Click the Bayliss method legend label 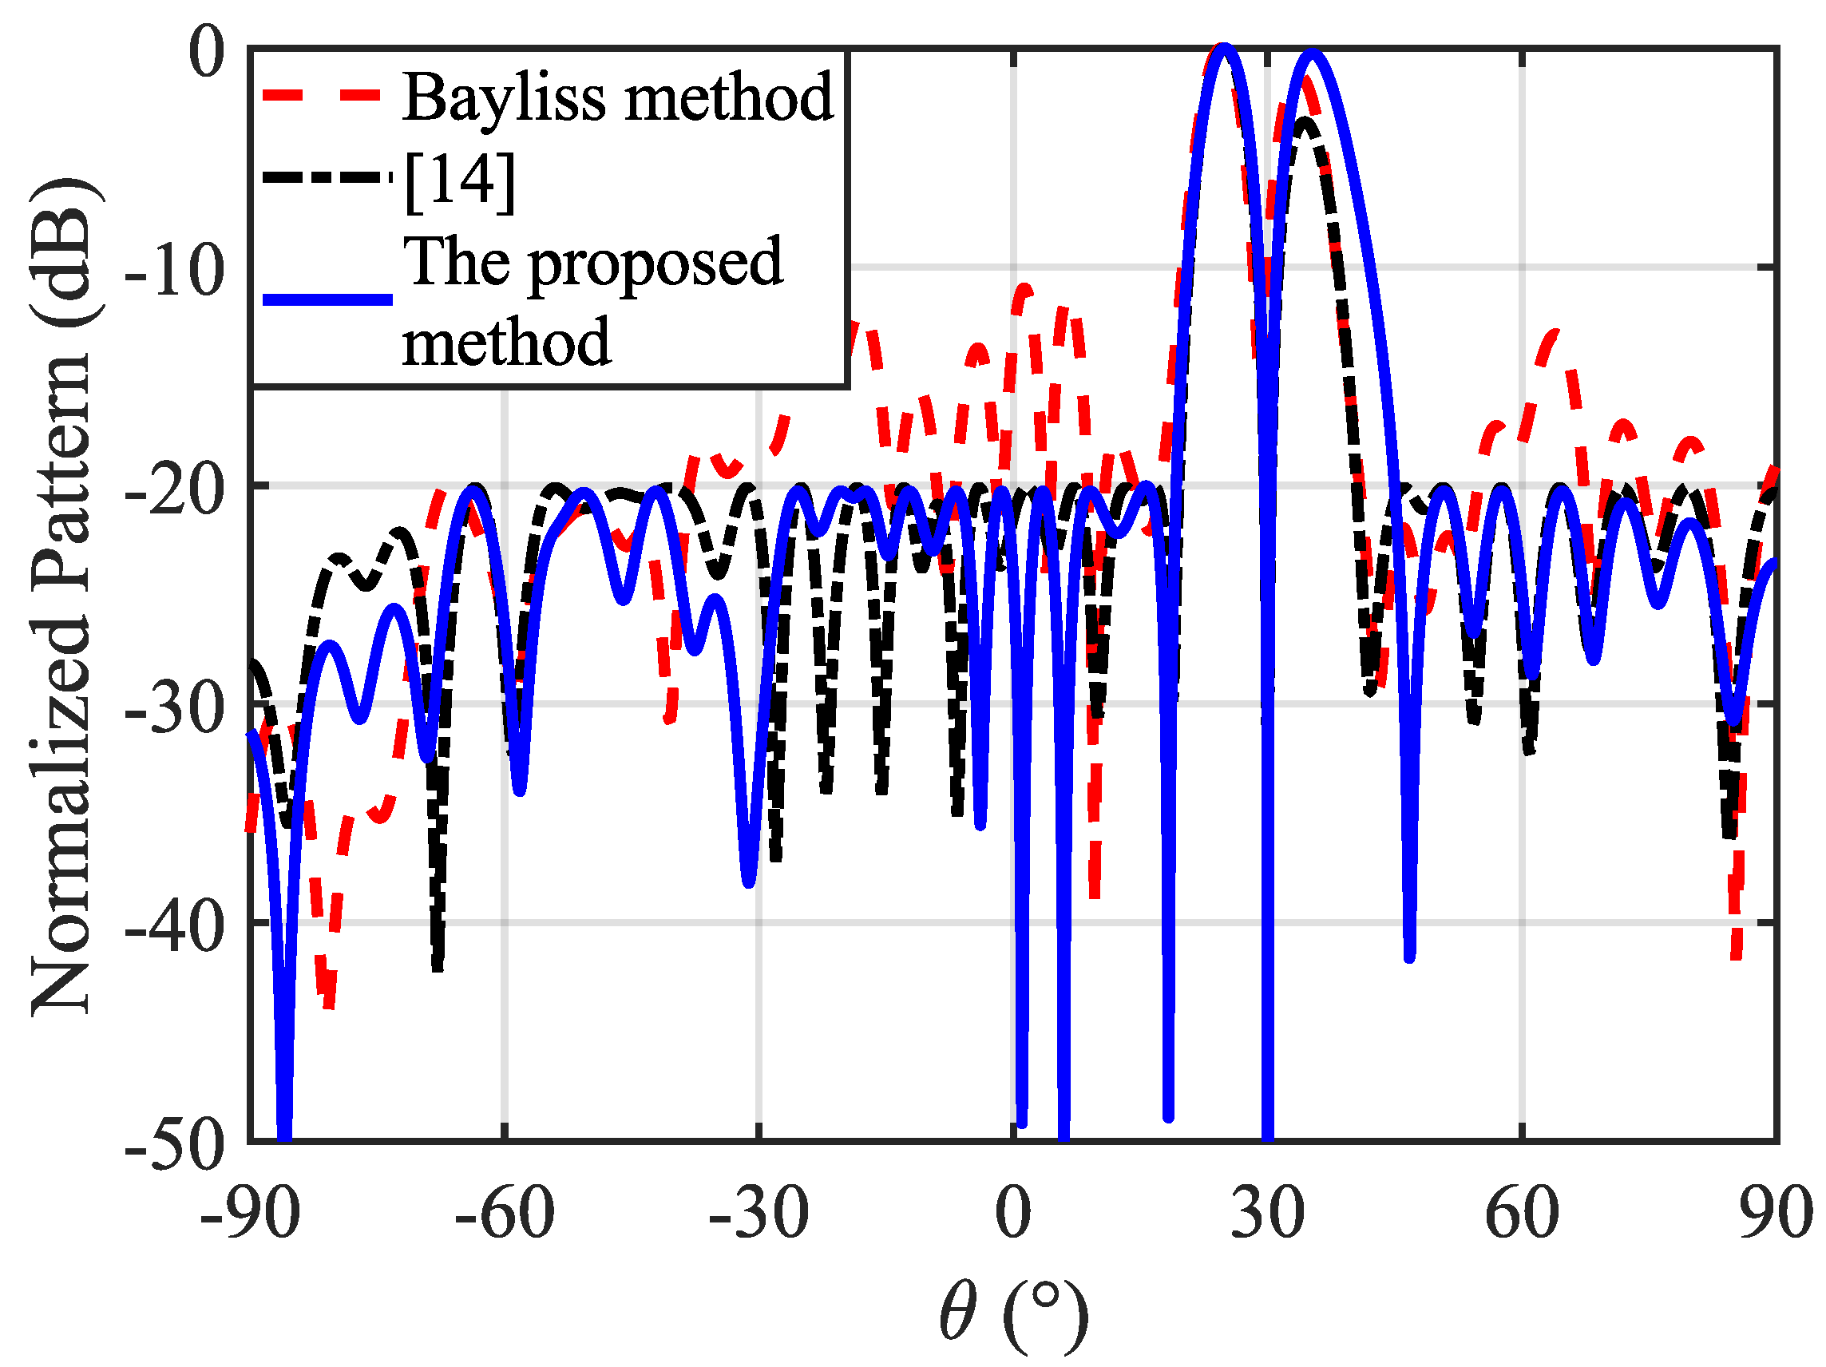pos(617,97)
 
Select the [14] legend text pos(460,179)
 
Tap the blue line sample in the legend pos(327,299)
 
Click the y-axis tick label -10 pos(174,270)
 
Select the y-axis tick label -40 pos(174,925)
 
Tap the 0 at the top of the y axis pos(206,51)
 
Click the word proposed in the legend pos(655,263)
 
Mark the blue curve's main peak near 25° pos(1224,48)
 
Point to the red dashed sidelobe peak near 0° pos(1024,289)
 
